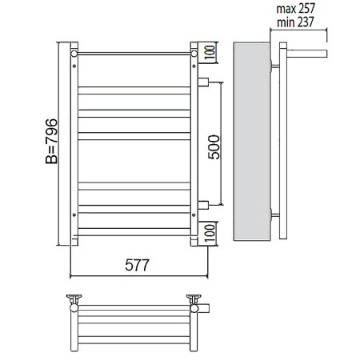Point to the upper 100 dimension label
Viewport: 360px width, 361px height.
point(208,54)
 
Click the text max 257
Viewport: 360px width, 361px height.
point(296,8)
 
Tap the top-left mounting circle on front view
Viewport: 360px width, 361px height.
point(74,53)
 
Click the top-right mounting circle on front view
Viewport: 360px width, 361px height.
point(194,53)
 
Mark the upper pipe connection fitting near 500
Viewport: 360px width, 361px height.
point(203,80)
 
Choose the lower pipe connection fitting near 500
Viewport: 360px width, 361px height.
point(203,203)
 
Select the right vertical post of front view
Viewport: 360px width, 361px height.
point(194,144)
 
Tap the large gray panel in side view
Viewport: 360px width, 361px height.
point(253,142)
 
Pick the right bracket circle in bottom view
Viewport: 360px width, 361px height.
point(194,301)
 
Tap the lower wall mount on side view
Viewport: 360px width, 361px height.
point(276,215)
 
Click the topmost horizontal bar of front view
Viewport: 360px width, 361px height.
point(134,54)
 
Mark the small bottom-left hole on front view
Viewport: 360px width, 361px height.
point(74,214)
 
